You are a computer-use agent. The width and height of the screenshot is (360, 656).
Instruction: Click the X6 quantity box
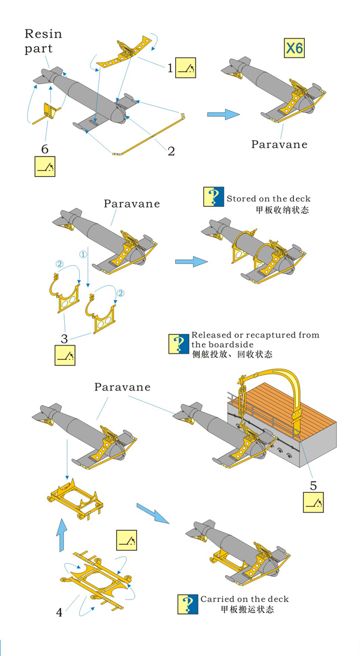(294, 48)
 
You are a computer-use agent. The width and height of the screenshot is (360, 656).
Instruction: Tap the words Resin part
(43, 41)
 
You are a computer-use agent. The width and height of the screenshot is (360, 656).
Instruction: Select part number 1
(170, 69)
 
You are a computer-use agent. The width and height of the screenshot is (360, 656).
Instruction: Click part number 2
(171, 151)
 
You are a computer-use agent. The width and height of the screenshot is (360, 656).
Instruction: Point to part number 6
(44, 148)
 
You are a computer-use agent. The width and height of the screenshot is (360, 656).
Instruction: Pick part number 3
(64, 338)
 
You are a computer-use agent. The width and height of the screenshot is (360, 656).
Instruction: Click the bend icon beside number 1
(188, 70)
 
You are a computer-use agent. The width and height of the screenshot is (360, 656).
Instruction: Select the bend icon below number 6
(45, 166)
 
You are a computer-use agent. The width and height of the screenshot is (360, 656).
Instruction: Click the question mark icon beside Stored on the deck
(214, 197)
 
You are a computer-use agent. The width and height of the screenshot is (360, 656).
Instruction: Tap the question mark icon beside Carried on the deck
(188, 603)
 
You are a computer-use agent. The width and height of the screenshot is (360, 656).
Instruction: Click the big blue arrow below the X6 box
(223, 114)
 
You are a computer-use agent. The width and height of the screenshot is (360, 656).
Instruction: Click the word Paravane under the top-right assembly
(279, 144)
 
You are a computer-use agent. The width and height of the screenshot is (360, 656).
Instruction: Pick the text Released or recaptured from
(255, 335)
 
